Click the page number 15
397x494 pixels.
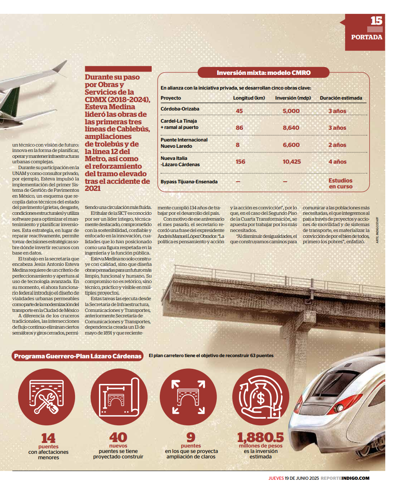(x=376, y=21)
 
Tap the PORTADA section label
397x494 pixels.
(x=367, y=37)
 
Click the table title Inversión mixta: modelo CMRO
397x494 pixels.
(x=264, y=73)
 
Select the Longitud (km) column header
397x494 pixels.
(x=249, y=98)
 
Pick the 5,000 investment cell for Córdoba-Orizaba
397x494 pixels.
(x=291, y=111)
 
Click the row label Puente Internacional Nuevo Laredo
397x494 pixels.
(x=184, y=143)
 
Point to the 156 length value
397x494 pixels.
(x=240, y=162)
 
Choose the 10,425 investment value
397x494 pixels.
(x=292, y=162)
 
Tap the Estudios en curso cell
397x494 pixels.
(x=340, y=183)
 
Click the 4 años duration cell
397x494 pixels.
(x=337, y=162)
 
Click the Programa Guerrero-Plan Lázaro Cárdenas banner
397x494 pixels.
(x=78, y=356)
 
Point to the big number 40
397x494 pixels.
(x=118, y=437)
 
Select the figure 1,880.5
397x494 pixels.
(x=260, y=437)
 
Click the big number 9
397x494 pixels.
(x=191, y=437)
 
